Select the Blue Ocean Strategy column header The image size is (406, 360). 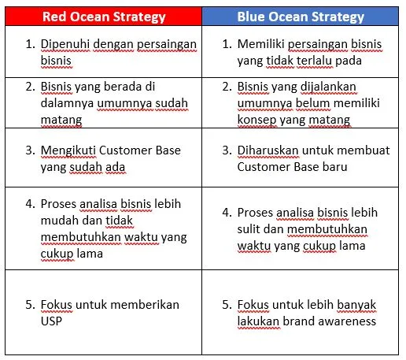coord(301,16)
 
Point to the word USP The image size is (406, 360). coord(52,321)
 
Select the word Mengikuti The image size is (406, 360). coord(68,150)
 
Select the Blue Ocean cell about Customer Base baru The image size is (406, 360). coord(301,158)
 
